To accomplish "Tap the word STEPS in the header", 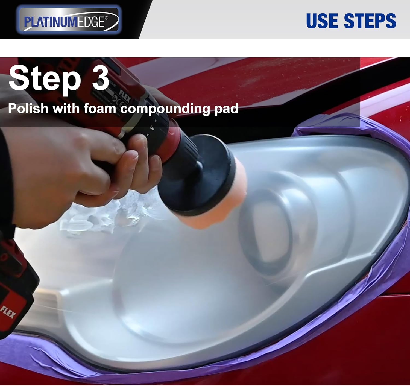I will point(370,21).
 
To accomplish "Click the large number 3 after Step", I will point(100,78).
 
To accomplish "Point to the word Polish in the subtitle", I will point(28,109).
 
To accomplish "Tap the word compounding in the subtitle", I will point(165,109).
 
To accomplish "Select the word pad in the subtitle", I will point(226,109).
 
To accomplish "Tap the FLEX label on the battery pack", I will point(8,312).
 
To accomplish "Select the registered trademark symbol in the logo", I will point(107,17).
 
